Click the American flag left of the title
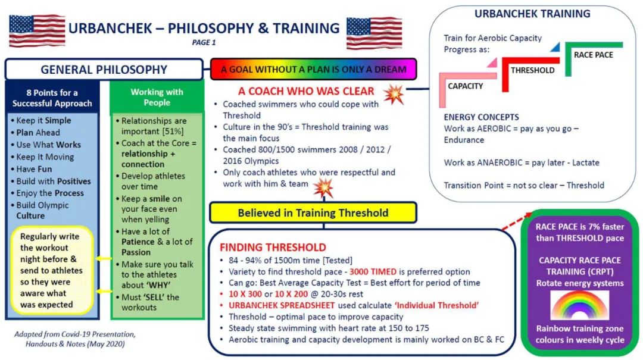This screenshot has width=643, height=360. point(37,30)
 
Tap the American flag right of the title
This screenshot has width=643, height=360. point(374,32)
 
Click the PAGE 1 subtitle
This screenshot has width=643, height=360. point(204,42)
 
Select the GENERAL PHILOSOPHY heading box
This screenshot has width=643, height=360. point(104,69)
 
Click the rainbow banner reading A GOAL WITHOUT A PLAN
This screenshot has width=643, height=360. point(314,69)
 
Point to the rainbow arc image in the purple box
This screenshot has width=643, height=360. point(579,305)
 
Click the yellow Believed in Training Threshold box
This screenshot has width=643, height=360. point(313,213)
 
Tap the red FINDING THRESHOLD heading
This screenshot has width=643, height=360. point(273,248)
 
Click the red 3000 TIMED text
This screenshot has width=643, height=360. point(373,271)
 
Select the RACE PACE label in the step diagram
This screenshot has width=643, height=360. point(594,55)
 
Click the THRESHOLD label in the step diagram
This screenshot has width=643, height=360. point(532,70)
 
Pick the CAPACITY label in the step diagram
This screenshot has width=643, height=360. point(466,86)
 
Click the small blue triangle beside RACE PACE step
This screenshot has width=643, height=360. point(555,47)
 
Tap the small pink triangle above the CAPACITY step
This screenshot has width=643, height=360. point(492,62)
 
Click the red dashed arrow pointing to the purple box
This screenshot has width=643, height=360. point(517,221)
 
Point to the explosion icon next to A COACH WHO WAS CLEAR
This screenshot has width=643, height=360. point(394,95)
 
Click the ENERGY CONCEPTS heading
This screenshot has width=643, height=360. point(481,117)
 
